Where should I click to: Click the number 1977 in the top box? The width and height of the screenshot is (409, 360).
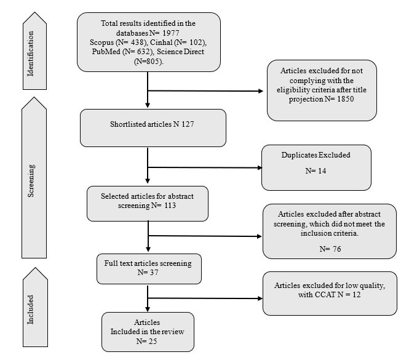171,33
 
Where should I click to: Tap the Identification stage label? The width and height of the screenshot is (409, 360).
31,54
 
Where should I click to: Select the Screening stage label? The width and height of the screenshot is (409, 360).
31,181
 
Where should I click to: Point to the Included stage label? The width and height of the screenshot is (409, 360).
31,310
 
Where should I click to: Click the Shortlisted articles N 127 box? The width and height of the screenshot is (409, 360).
153,128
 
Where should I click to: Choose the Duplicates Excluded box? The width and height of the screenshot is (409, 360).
316,167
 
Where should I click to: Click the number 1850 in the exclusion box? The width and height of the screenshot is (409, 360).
346,99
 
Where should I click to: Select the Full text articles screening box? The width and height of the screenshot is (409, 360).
149,269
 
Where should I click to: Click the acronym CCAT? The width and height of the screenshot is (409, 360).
325,295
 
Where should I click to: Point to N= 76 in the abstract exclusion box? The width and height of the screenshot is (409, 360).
330,249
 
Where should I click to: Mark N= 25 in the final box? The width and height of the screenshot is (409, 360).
146,341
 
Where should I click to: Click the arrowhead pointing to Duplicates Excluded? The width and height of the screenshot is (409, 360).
260,167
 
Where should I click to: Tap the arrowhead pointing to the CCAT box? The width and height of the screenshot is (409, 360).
260,298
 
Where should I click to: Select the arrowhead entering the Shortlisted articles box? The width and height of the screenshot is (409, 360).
148,105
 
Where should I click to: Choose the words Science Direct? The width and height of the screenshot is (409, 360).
180,52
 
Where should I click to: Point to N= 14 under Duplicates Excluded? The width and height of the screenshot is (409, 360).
316,171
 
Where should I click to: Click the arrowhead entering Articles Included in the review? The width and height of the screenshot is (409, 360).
148,309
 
